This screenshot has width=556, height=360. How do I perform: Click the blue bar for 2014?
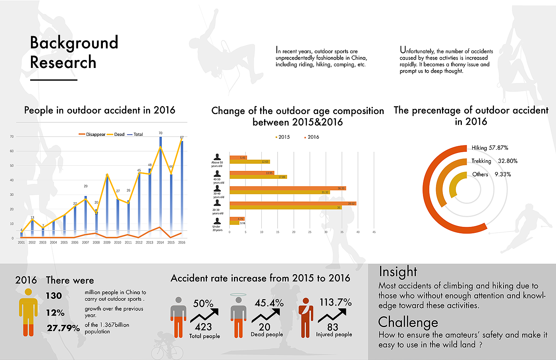[x=160, y=187]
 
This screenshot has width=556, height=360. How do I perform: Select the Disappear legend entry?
[x=92, y=134]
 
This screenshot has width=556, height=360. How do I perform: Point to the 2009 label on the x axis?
[x=107, y=242]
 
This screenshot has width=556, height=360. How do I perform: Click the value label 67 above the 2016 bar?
[x=182, y=137]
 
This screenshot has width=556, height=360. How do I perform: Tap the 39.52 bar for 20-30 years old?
[x=293, y=203]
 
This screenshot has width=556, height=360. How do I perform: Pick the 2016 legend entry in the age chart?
[x=311, y=137]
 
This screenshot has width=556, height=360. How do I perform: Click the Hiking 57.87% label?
[x=490, y=148]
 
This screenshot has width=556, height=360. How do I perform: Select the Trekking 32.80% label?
[x=494, y=161]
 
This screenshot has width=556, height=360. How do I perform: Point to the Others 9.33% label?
[x=491, y=174]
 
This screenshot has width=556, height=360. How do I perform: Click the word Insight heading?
[x=398, y=271]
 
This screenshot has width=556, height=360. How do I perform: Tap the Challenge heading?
[x=408, y=322]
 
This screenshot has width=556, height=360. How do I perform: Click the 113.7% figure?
[x=336, y=302]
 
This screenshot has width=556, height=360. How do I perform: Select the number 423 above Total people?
[x=203, y=327]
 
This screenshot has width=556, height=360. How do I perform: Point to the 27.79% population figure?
[x=63, y=328]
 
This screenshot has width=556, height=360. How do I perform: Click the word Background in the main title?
[x=74, y=43]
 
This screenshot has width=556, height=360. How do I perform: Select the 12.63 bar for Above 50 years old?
[x=250, y=162]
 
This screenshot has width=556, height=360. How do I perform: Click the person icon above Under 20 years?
[x=217, y=221]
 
